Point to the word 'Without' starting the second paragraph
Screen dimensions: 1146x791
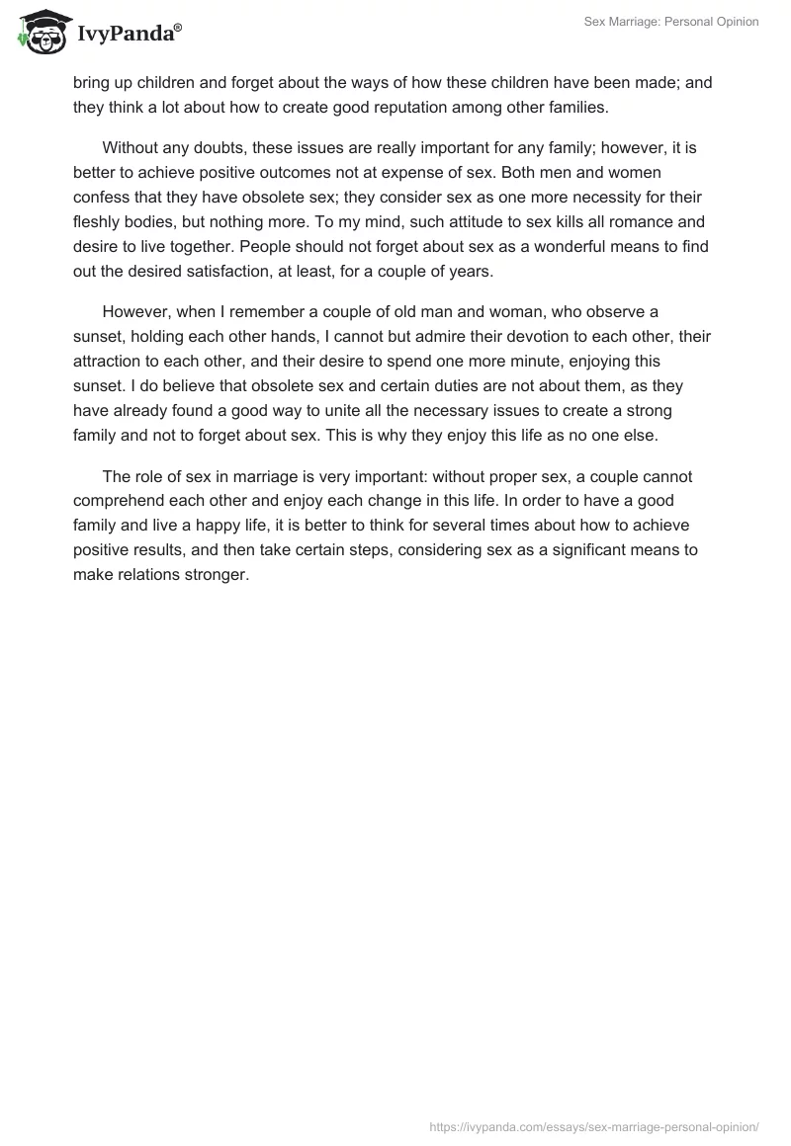tap(132, 148)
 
